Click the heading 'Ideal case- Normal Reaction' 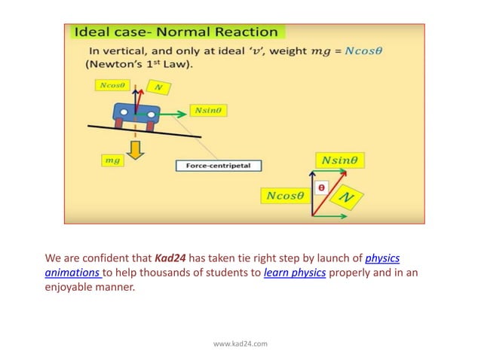tap(176, 32)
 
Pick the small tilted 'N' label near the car tap(158, 87)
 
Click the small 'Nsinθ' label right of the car tap(209, 110)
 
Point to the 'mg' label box tap(112, 160)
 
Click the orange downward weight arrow tap(136, 149)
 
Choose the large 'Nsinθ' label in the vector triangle tap(339, 160)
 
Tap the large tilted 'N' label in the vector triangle tap(346, 197)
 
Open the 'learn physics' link tap(295, 273)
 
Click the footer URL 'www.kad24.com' tap(240, 343)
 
